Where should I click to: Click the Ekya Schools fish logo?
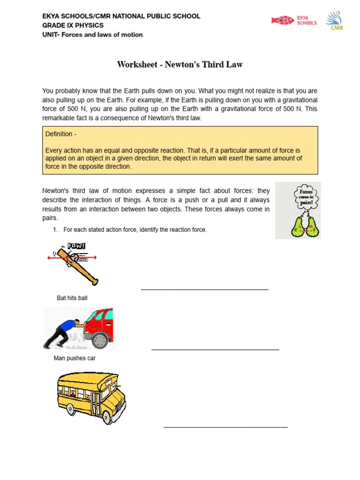tap(283, 20)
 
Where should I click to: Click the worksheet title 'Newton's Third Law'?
tap(180, 65)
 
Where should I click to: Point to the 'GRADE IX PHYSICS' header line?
tap(73, 25)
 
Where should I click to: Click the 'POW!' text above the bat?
tap(76, 246)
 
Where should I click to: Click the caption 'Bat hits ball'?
tap(72, 298)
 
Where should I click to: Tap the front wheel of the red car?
tap(99, 340)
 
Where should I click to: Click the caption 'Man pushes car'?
tap(75, 359)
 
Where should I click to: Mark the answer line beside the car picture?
tap(215, 349)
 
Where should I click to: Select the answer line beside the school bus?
tap(225, 427)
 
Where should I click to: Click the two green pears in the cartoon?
tap(305, 227)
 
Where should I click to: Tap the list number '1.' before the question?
tap(55, 230)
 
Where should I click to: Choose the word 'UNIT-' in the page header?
tap(52, 35)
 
